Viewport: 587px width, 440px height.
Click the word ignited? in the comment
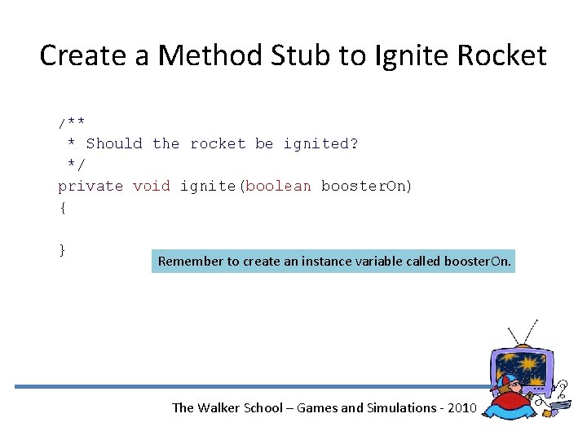tap(320, 143)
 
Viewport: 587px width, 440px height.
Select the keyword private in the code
tap(90, 186)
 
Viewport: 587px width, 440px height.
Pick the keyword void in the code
tap(152, 186)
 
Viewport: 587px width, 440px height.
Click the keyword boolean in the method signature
tap(278, 186)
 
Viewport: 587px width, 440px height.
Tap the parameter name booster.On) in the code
tap(367, 186)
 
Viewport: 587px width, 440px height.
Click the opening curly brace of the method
tap(62, 208)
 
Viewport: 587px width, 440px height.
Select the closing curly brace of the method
tap(62, 249)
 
